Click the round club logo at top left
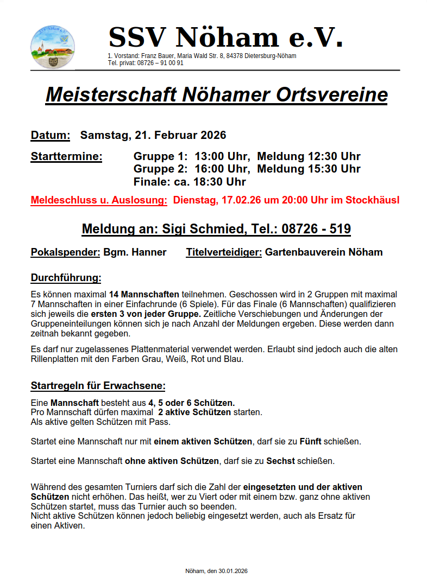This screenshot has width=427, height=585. pos(53,47)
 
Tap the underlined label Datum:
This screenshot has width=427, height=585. pos(51,135)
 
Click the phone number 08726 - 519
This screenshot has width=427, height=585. pos(316,229)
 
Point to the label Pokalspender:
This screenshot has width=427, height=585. pos(66,252)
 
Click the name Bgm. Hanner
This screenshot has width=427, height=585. pos(135,252)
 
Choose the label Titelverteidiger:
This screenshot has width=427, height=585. pos(224,252)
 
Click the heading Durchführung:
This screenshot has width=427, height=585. pos(66,278)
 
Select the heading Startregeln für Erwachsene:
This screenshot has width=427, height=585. pos(98,386)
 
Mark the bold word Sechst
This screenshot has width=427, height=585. pos(280,461)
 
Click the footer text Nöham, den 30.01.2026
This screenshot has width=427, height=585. pos(216,571)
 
